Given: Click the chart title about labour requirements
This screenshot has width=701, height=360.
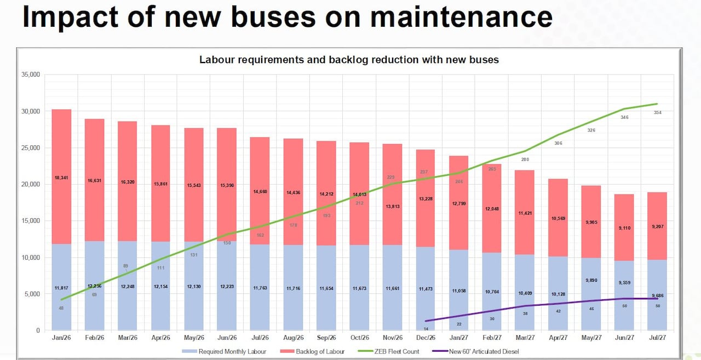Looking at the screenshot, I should point(349,59).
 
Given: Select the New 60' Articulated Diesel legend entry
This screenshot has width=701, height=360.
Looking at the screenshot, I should point(482,351).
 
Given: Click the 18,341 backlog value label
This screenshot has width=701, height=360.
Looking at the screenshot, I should point(61,178).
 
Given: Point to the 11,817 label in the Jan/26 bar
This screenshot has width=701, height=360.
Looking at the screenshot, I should point(61,288).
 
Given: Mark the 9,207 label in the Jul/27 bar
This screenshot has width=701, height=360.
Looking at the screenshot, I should point(657,226).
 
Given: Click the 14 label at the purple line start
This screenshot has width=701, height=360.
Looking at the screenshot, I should point(426,328).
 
